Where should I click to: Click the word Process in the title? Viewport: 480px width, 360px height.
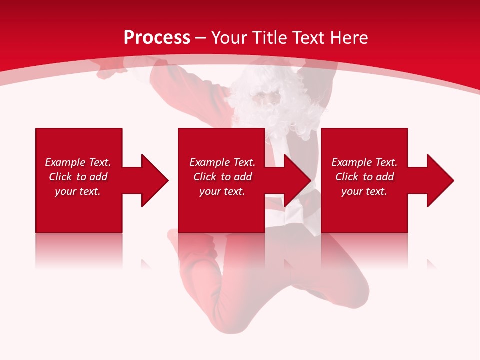coord(157,38)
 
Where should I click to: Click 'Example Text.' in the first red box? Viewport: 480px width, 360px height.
coord(78,162)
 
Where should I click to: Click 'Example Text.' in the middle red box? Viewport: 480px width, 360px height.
coord(222,162)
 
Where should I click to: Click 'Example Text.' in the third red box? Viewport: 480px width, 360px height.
coord(364,162)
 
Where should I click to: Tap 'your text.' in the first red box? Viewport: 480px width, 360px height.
coord(78,191)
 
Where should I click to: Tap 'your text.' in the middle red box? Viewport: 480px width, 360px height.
coord(222,191)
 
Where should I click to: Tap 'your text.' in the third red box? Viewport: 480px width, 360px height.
coord(364,191)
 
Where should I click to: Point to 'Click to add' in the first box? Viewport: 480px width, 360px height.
coord(78,177)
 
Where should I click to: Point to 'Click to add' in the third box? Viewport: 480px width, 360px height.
coord(364,177)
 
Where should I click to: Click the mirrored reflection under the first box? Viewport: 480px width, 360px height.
coord(79,250)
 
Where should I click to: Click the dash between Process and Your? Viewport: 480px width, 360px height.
coord(200,38)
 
